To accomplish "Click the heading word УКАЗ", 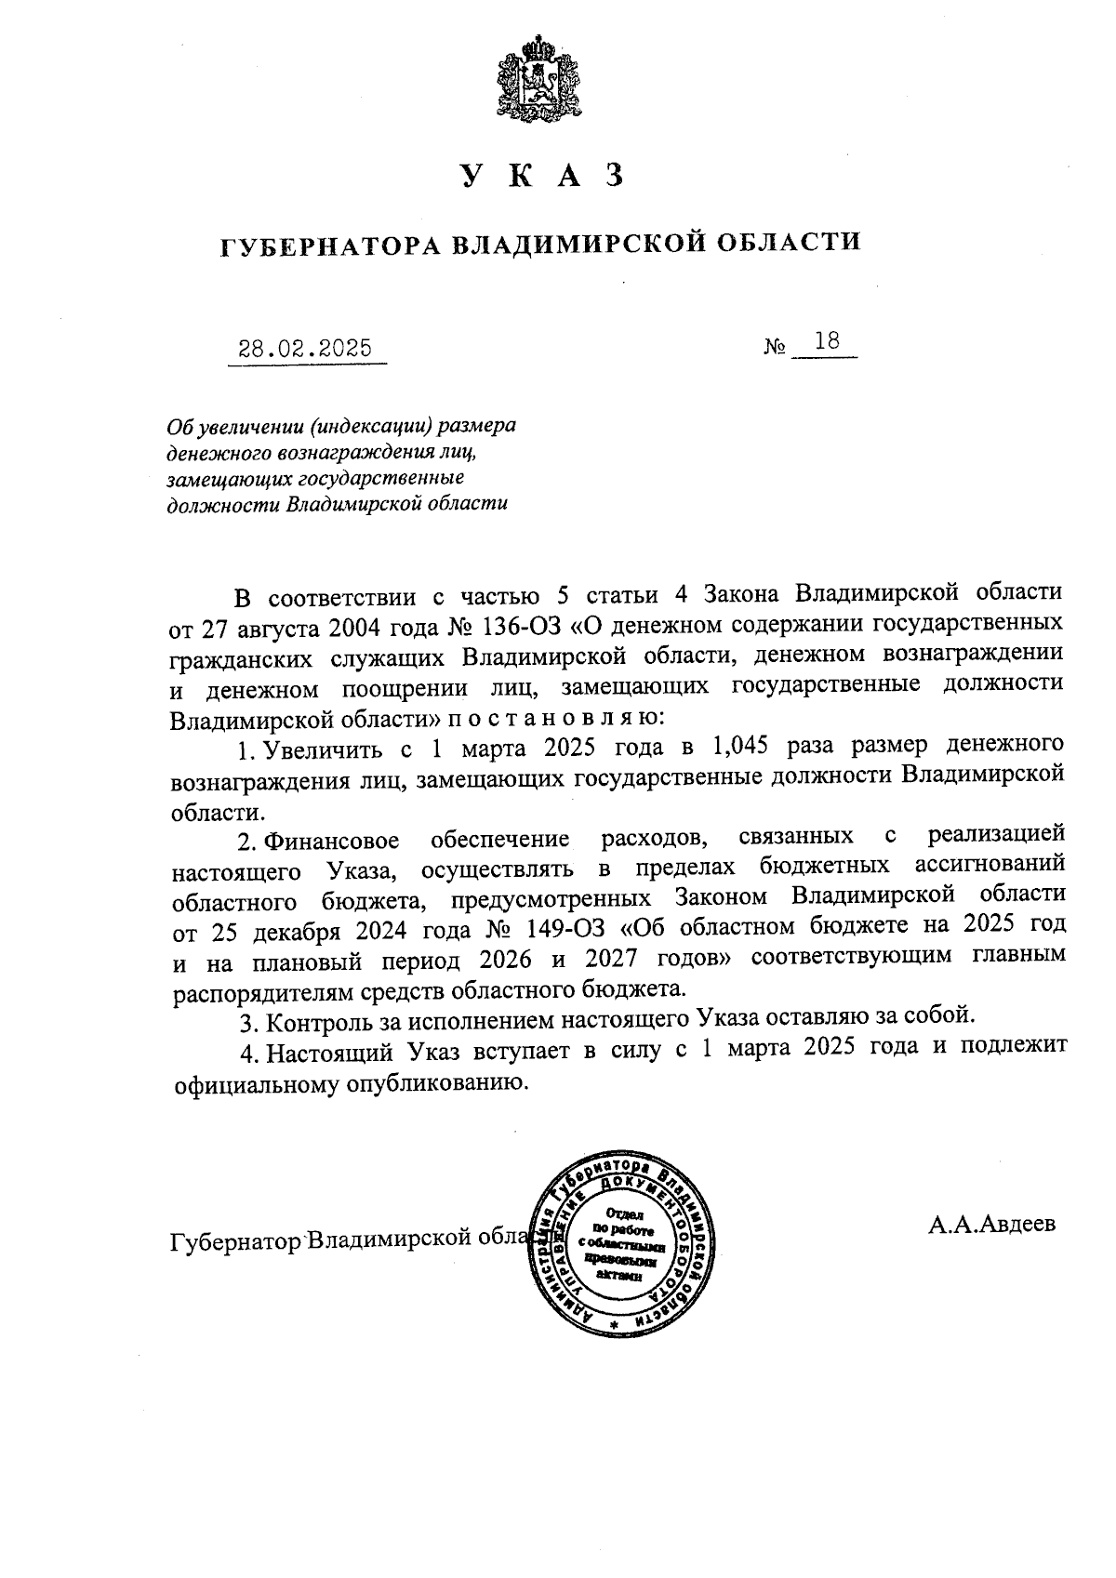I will (x=540, y=176).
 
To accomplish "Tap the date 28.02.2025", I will (x=306, y=349).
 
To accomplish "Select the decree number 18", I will (x=826, y=341).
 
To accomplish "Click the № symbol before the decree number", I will (x=775, y=348).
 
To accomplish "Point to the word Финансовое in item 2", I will (x=332, y=842).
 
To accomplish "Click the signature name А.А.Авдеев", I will (x=991, y=1224).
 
